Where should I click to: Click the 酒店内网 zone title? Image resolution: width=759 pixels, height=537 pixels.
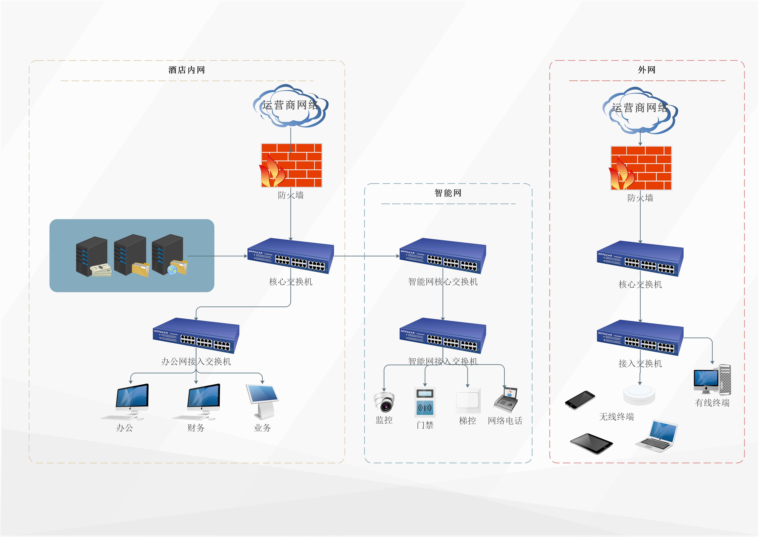point(186,70)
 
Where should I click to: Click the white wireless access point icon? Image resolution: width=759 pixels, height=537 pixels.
point(639,394)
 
